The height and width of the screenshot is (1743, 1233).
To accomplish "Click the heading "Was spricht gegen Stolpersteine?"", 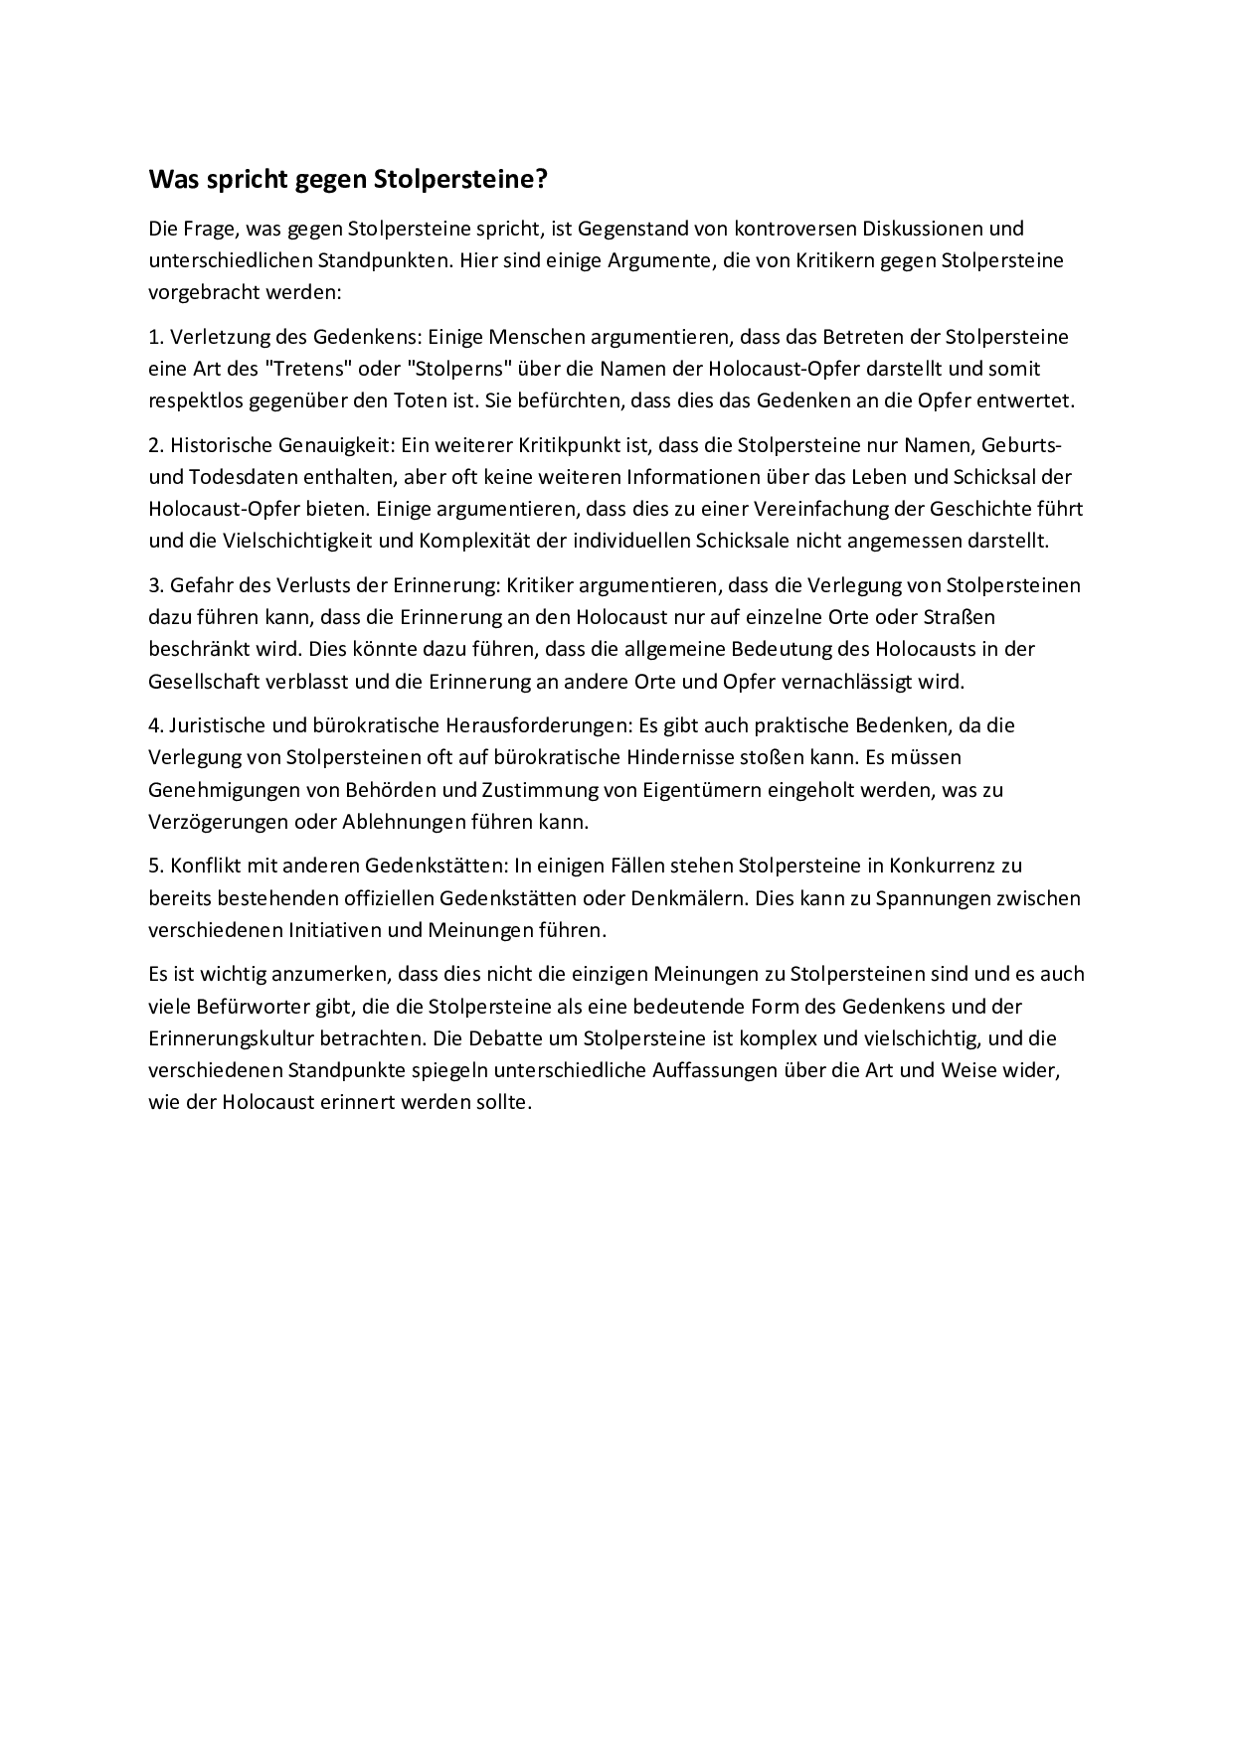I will tap(348, 180).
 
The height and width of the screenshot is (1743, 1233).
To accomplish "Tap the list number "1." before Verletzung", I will tap(156, 337).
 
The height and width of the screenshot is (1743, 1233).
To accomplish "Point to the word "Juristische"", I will tap(218, 725).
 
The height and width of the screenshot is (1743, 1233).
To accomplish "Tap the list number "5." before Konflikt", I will tap(156, 866).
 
